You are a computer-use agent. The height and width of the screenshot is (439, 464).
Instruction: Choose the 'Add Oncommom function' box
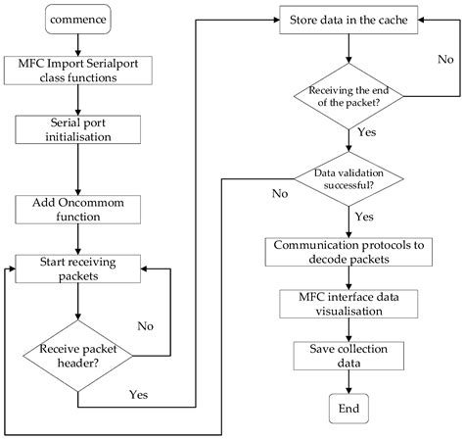coord(76,207)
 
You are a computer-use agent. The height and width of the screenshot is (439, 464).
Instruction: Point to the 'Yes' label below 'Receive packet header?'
coord(138,396)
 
